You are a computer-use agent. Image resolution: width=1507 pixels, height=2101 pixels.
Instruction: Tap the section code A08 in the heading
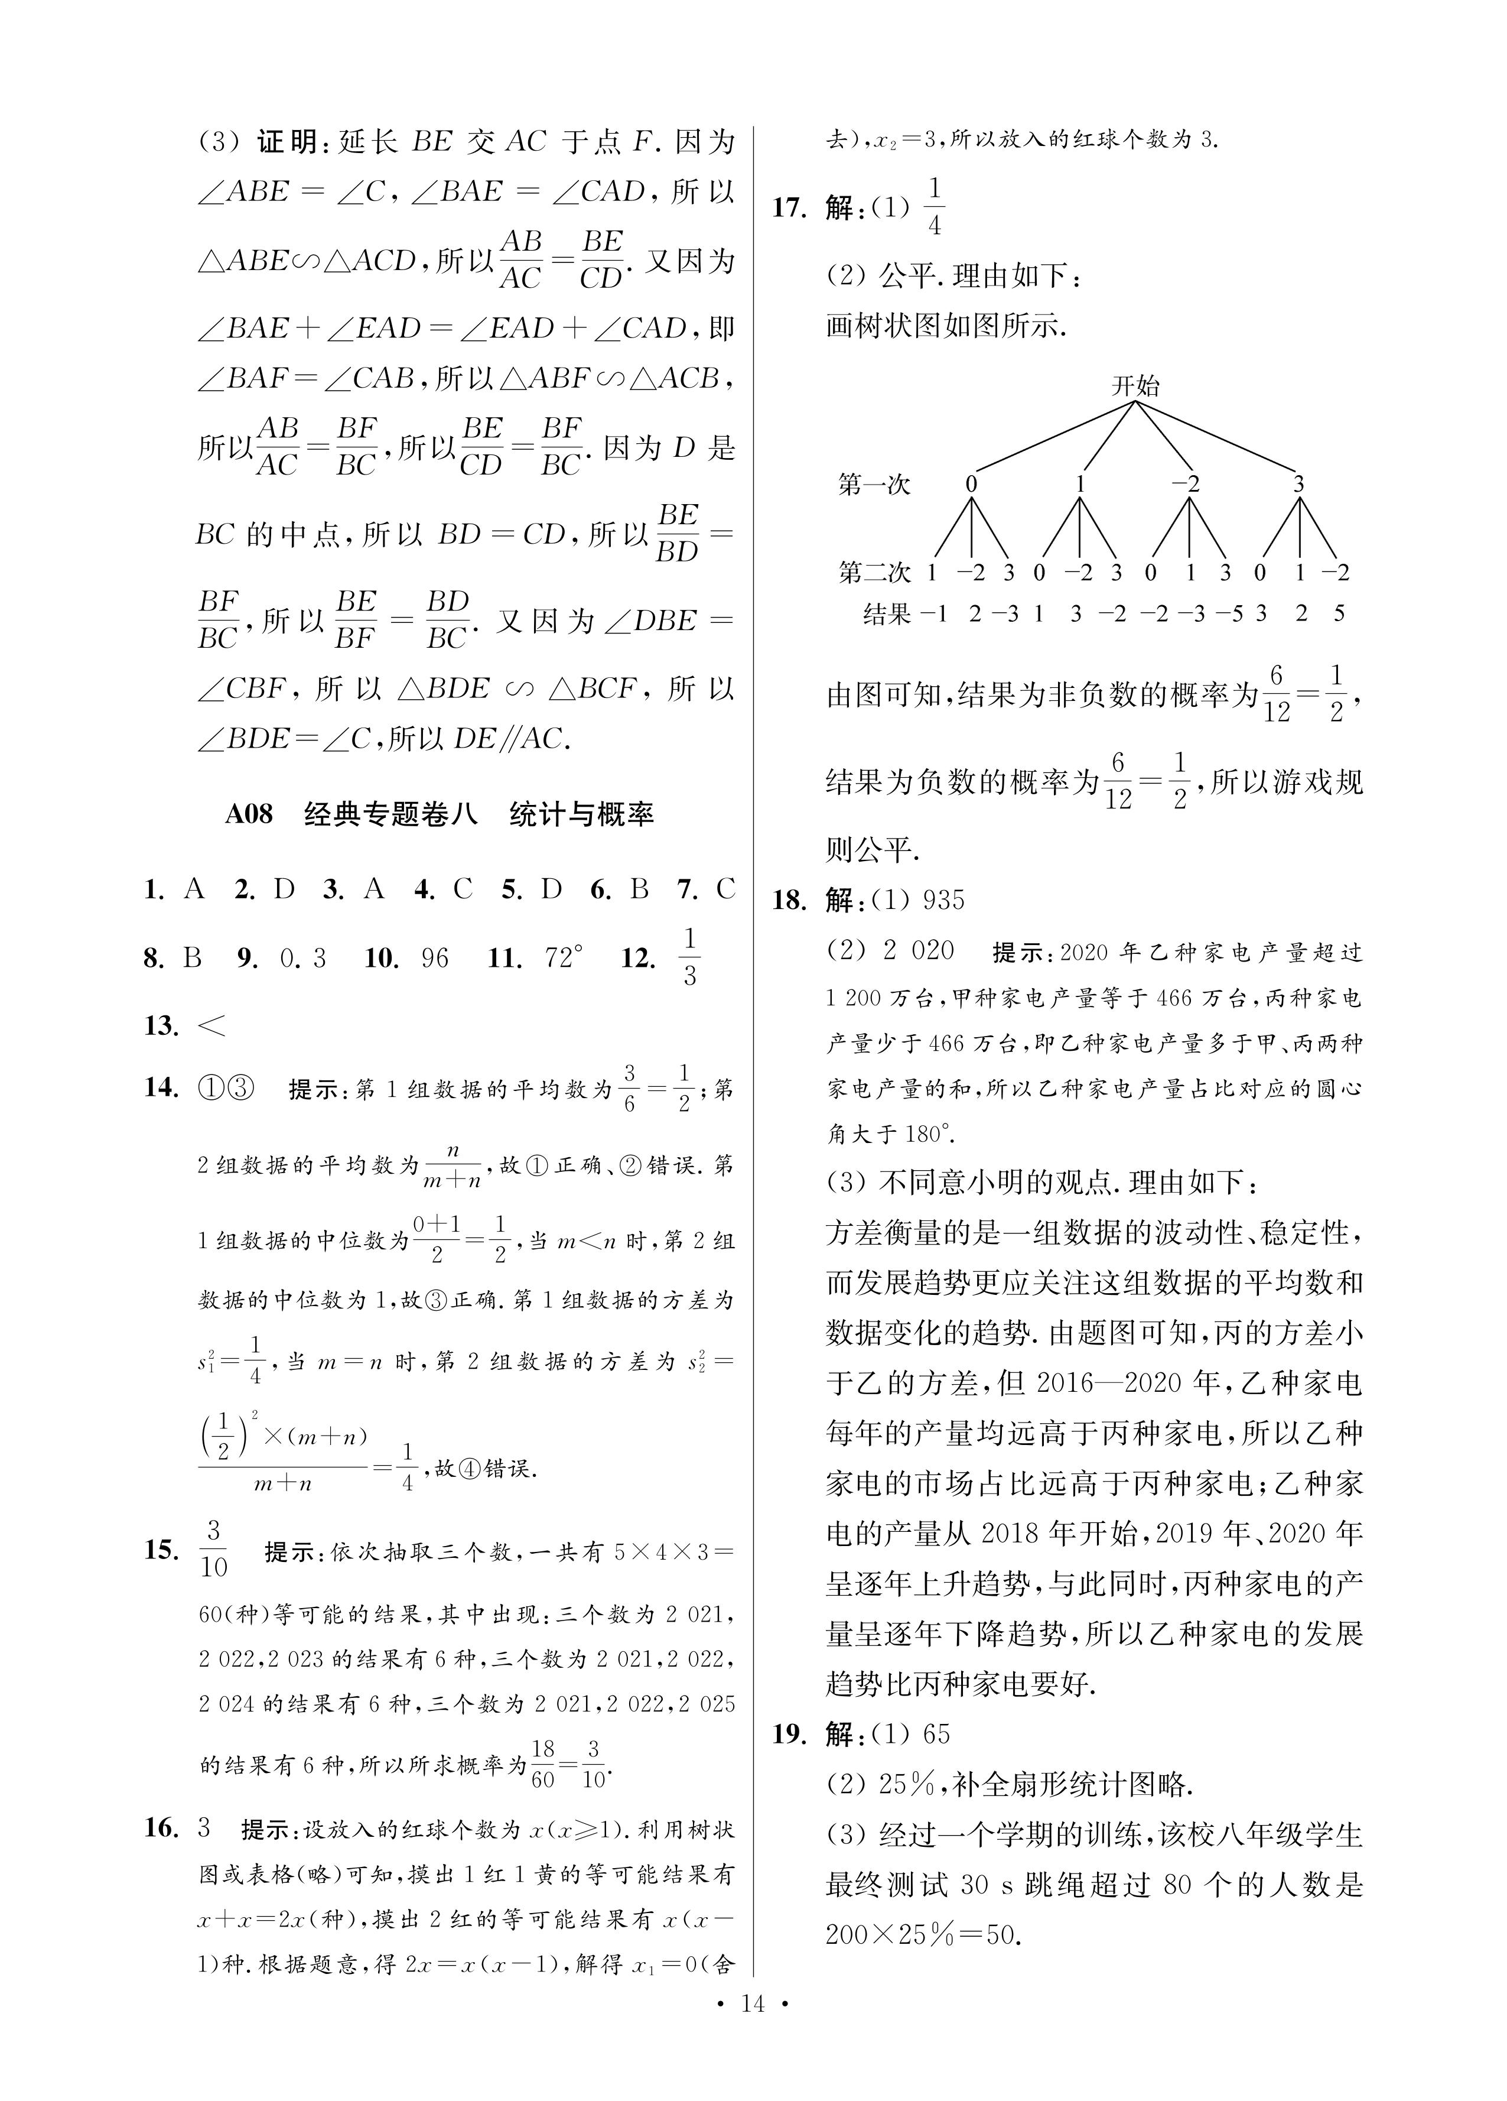[x=249, y=814]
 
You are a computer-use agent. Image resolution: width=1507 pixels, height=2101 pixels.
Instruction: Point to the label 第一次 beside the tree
[x=874, y=485]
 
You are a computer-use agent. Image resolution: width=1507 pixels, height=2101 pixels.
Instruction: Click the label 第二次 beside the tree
[x=874, y=573]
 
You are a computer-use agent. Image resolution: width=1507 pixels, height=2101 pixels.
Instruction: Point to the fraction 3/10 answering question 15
[x=213, y=1549]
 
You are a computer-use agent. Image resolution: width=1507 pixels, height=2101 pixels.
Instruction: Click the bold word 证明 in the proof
[x=287, y=142]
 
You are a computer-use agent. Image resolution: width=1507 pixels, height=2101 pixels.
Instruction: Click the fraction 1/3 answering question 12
[x=689, y=958]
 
